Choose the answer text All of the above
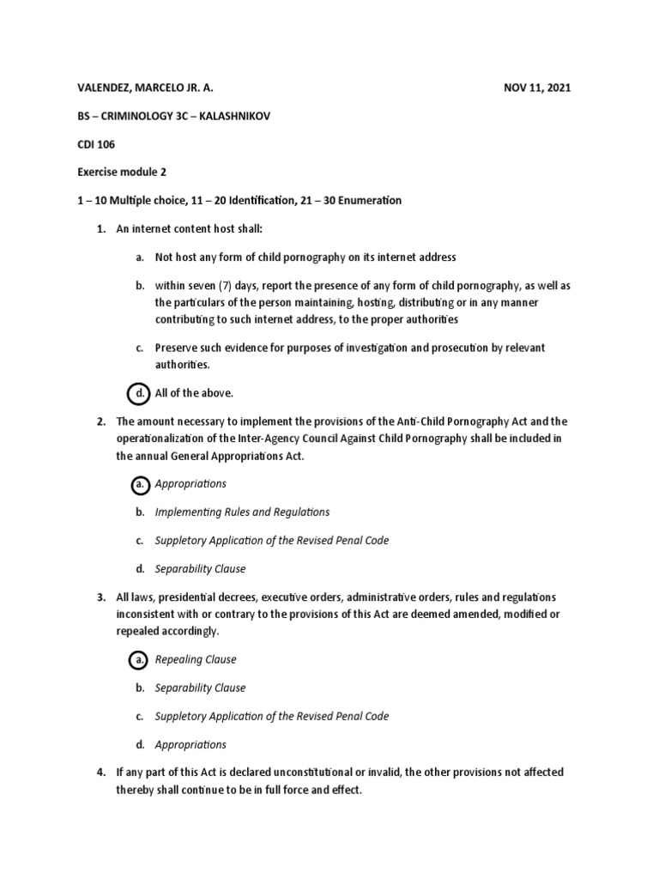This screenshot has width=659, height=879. point(194,393)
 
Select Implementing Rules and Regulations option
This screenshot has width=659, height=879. point(242,512)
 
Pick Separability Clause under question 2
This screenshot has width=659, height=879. point(200,569)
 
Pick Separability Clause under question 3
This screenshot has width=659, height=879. point(200,688)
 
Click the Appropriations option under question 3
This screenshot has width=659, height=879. point(190,745)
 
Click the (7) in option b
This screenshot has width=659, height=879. point(233,286)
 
